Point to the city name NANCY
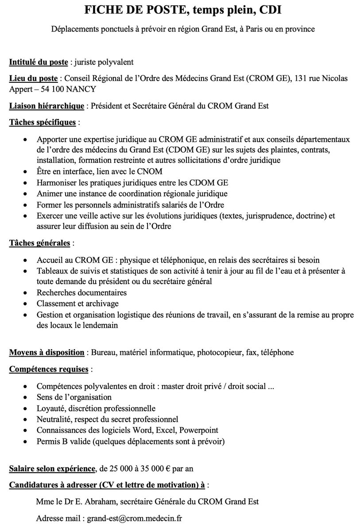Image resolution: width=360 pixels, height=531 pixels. (81, 89)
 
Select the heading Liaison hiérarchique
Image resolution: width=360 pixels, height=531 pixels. (47, 106)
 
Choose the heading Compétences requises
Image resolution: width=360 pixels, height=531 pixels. (50, 369)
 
